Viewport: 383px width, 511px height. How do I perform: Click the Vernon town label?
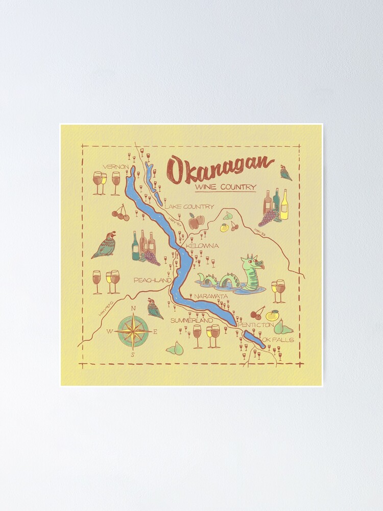point(114,167)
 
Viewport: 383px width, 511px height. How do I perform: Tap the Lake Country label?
point(188,206)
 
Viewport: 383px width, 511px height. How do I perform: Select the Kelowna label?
point(202,246)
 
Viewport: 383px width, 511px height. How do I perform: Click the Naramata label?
point(210,296)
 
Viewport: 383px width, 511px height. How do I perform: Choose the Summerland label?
point(191,320)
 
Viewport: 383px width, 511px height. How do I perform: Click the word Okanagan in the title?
point(220,167)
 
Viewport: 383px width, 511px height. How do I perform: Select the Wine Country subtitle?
point(225,187)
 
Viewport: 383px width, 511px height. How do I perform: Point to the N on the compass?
point(133,308)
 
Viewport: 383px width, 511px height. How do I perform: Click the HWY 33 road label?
point(259,232)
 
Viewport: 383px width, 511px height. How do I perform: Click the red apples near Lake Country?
point(197,221)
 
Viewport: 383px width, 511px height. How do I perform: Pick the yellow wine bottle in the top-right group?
point(284,205)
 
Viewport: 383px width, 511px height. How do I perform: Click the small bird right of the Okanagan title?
point(285,173)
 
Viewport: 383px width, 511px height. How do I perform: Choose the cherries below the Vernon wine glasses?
point(121,214)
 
